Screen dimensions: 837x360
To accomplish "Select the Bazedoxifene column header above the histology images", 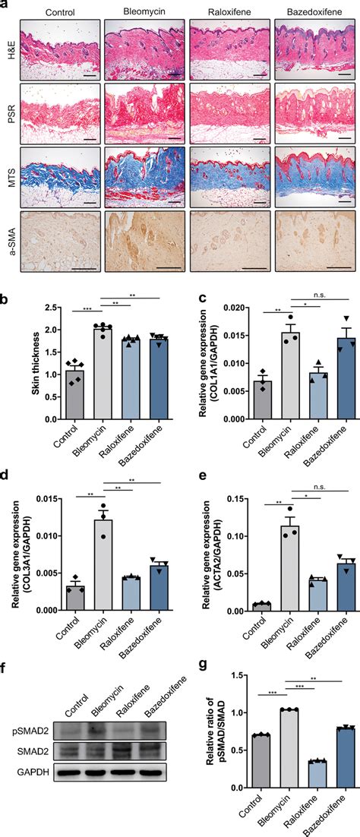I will point(314,11).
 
